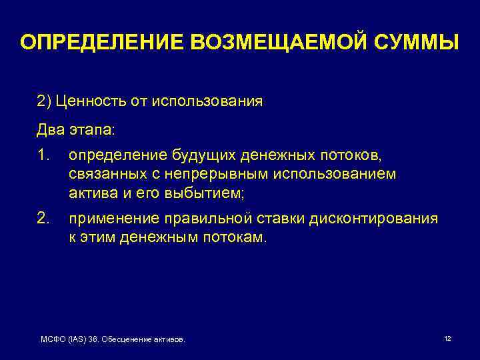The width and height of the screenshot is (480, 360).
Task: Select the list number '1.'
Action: coord(43,155)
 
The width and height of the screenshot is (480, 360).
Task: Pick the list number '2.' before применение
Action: coord(43,219)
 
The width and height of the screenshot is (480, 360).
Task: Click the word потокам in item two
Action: coord(228,238)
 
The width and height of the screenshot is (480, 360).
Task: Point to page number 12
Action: coord(447,339)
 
